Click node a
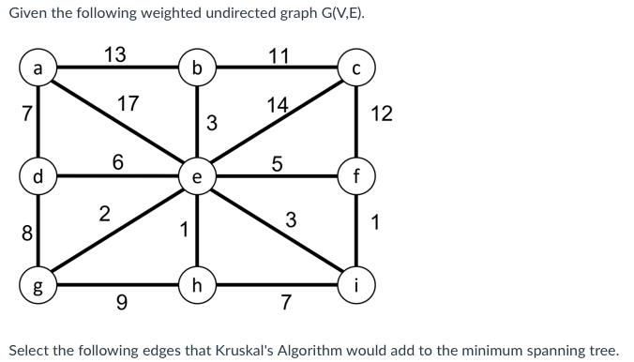click(x=37, y=68)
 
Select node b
click(x=196, y=68)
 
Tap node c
click(x=356, y=68)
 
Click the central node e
click(x=196, y=176)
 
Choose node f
click(x=356, y=175)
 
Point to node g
click(x=37, y=283)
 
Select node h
click(x=196, y=283)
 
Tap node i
click(x=356, y=283)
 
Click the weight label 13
click(x=115, y=53)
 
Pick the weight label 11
click(x=278, y=53)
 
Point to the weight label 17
click(x=129, y=102)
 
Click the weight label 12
click(x=382, y=113)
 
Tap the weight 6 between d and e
click(x=117, y=160)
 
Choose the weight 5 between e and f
click(x=278, y=160)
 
